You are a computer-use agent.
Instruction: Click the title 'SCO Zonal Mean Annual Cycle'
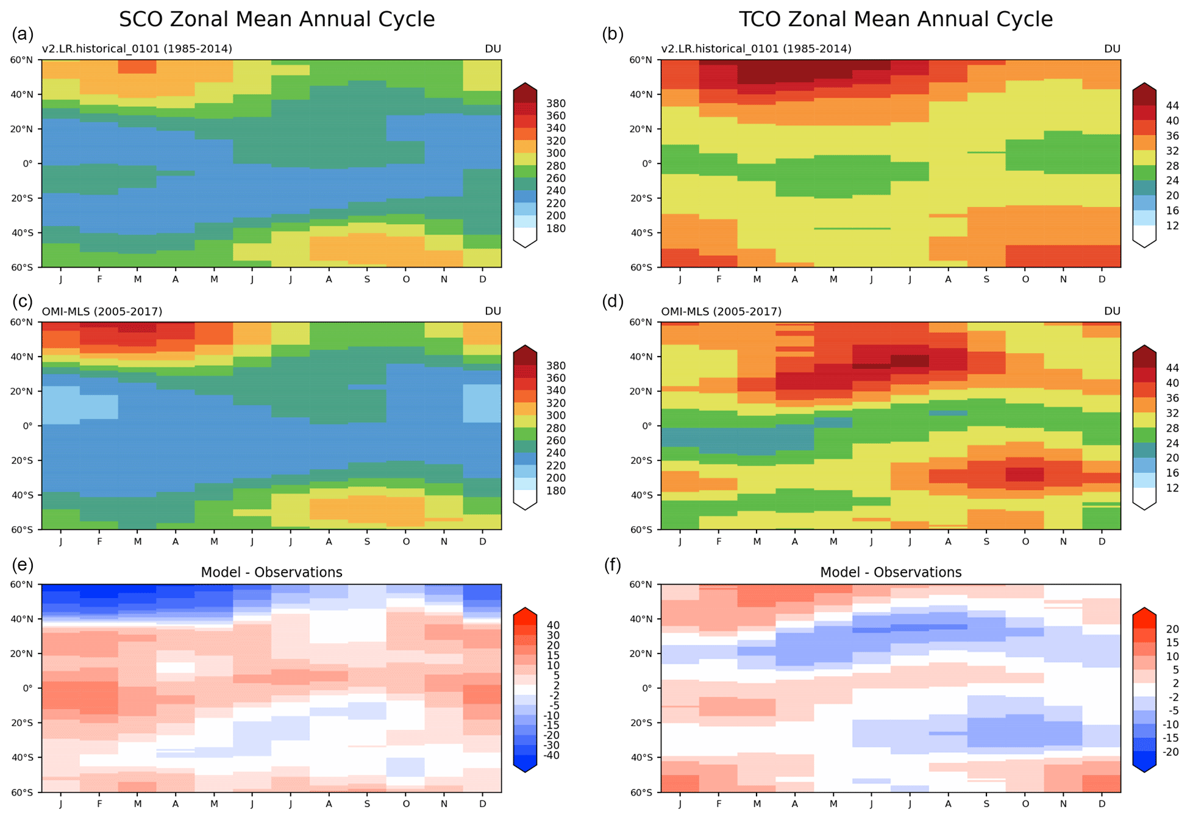[x=277, y=20]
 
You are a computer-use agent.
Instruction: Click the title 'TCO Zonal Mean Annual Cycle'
[x=896, y=20]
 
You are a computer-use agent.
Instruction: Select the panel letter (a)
[x=23, y=35]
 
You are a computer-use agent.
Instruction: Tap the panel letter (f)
[x=613, y=565]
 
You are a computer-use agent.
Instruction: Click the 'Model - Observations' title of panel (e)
[x=271, y=572]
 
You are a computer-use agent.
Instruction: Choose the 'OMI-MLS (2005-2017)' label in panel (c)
[x=102, y=312]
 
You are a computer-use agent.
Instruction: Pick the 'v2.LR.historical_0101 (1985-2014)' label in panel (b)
[x=756, y=49]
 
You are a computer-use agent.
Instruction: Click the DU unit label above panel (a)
[x=493, y=49]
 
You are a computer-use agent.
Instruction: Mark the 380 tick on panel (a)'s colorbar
[x=556, y=104]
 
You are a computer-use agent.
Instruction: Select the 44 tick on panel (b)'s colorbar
[x=1172, y=105]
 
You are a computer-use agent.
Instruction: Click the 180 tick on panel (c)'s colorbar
[x=556, y=491]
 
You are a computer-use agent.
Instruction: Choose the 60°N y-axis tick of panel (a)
[x=21, y=60]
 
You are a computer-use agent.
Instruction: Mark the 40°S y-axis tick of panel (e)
[x=21, y=757]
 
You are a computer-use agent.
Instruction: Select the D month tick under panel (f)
[x=1102, y=804]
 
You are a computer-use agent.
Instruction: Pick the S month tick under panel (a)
[x=367, y=279]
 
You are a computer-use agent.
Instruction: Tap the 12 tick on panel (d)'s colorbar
[x=1172, y=488]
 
